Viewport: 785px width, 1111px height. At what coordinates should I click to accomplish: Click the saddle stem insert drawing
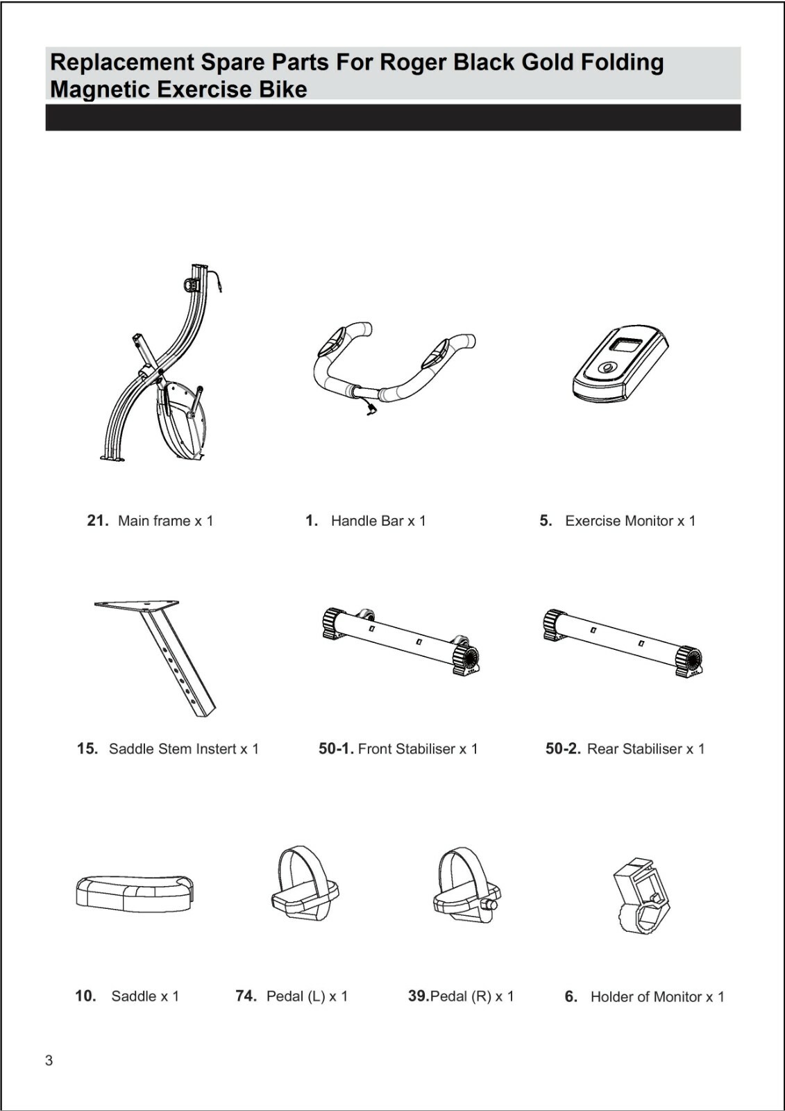tap(167, 653)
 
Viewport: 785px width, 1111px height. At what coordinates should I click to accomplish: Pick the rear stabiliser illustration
tap(622, 640)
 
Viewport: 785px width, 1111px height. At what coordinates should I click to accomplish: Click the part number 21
tap(96, 521)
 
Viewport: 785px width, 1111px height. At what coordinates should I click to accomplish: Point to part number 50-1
tap(336, 749)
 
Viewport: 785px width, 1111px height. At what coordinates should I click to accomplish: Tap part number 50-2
tap(562, 749)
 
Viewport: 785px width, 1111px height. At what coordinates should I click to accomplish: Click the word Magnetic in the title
tap(100, 90)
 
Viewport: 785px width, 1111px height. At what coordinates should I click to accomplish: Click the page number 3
tap(49, 1060)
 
